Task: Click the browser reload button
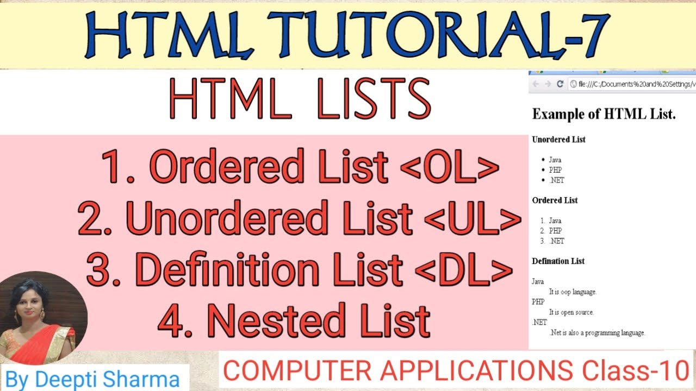560,84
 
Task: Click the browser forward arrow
548,84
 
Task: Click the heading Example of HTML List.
604,114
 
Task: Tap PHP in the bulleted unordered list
555,170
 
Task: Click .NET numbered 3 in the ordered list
556,241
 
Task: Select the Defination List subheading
558,261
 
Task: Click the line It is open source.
571,312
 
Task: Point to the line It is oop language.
573,292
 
